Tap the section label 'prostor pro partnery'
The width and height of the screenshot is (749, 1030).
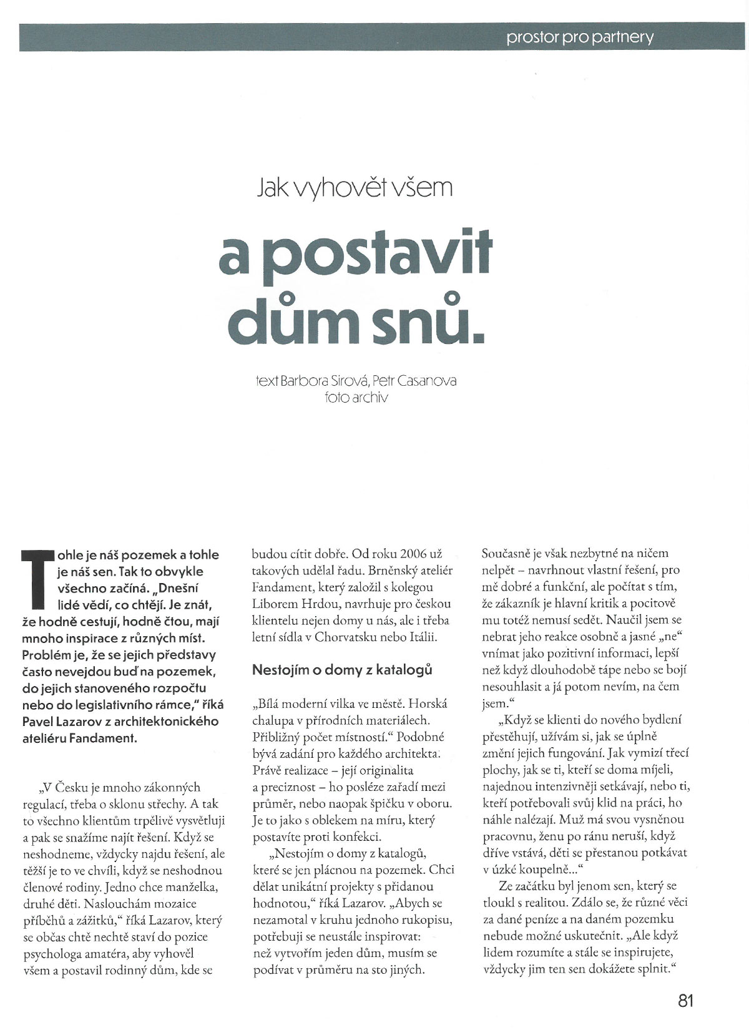click(x=580, y=37)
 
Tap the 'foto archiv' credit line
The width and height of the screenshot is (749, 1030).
click(x=356, y=397)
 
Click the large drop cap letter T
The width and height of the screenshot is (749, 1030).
click(x=36, y=578)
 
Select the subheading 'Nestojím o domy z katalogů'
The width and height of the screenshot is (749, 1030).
click(x=342, y=670)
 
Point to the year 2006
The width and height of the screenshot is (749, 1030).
click(x=408, y=554)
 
